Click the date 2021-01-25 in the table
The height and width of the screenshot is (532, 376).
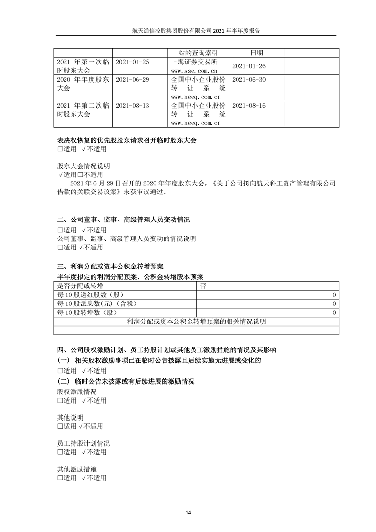132,62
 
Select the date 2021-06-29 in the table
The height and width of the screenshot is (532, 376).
132,80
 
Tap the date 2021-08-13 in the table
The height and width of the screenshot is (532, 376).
132,106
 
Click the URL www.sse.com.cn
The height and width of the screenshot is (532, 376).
194,70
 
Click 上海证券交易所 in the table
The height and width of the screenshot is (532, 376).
194,62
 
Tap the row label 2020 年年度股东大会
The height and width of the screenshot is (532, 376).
83,83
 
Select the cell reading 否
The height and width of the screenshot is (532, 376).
203,286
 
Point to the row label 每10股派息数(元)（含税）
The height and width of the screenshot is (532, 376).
92,303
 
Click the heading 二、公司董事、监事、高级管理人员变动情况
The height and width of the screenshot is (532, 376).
123,220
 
